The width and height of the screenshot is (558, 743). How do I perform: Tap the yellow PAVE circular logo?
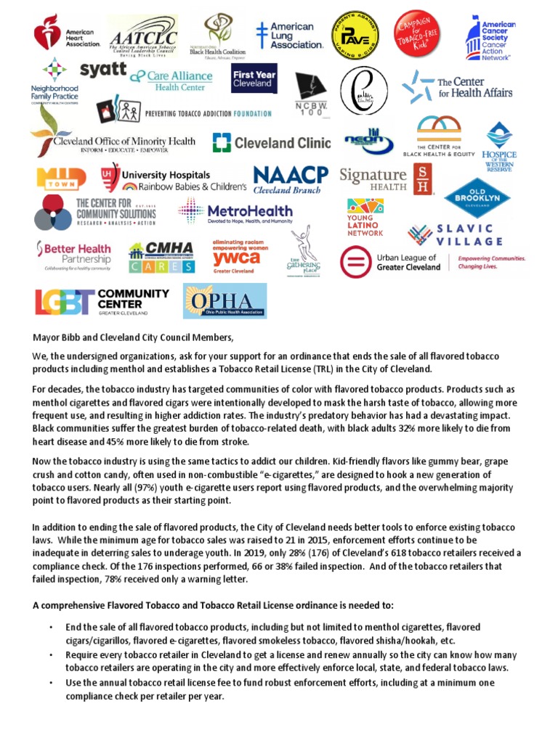[x=355, y=35]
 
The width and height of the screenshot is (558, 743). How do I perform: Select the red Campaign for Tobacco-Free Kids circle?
[x=419, y=34]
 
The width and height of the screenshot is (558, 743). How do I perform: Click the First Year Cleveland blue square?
[x=254, y=79]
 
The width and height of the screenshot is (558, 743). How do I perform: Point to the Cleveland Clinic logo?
[x=271, y=143]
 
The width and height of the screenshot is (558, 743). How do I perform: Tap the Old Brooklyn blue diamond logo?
[x=477, y=197]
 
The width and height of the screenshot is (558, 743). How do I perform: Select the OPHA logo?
[x=225, y=301]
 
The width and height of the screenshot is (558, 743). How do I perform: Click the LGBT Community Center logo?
[x=102, y=302]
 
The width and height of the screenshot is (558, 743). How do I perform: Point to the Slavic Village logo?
[x=455, y=235]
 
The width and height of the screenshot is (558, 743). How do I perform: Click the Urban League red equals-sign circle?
[x=355, y=262]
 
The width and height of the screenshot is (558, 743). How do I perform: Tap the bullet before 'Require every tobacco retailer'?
[x=50, y=654]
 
